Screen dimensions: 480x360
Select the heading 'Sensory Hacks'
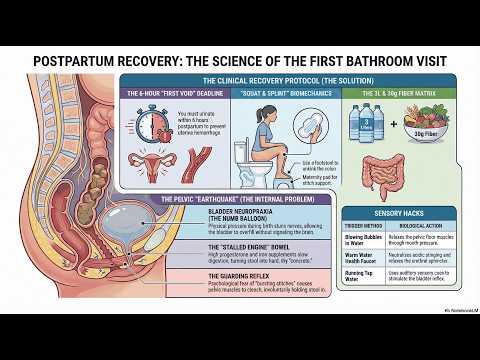coord(402,213)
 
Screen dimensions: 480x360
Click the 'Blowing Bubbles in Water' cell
coord(364,240)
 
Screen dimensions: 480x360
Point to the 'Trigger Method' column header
coord(364,225)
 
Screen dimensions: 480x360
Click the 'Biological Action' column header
coord(428,225)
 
